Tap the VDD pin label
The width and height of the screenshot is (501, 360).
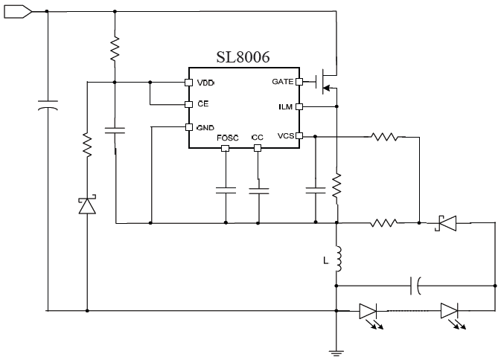(205, 82)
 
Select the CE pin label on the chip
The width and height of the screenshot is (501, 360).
(202, 104)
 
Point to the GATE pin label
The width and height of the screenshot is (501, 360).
(282, 81)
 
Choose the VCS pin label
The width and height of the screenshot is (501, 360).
(284, 136)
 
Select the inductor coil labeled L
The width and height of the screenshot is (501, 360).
(337, 258)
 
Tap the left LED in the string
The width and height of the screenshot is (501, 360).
(369, 311)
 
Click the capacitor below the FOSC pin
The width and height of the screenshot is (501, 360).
(225, 190)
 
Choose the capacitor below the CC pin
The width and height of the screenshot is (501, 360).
(258, 190)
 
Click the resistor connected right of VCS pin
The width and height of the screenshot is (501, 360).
(386, 136)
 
